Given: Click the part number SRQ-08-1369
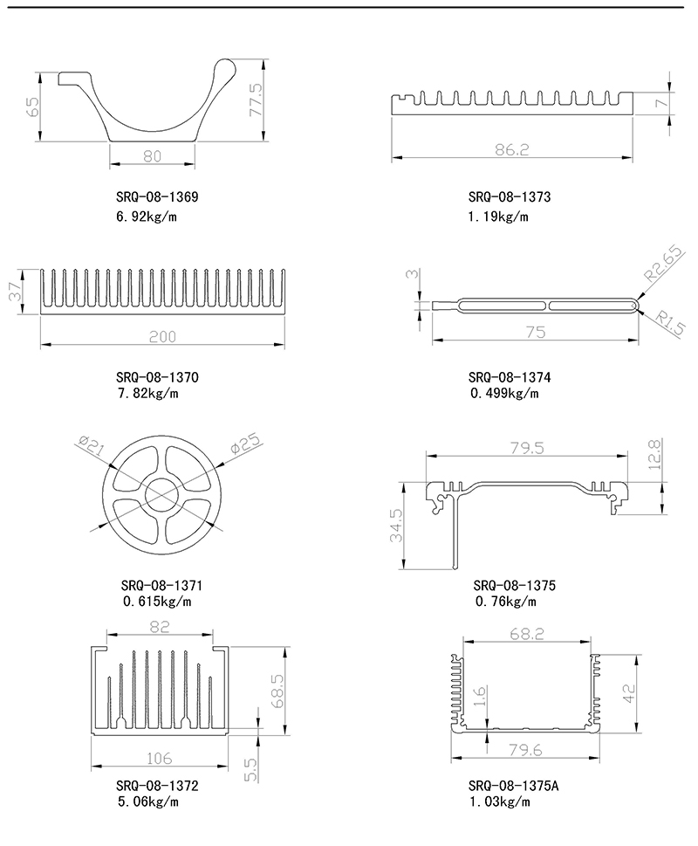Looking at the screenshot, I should click(157, 197).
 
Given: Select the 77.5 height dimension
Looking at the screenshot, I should click(256, 100).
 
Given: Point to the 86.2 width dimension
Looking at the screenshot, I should click(512, 149).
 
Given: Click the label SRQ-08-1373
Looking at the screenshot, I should click(510, 197).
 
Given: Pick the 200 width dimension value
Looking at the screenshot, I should click(163, 336).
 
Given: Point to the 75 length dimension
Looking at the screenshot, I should click(535, 333).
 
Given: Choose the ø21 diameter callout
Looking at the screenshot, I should click(92, 446).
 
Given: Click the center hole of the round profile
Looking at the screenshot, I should click(158, 495).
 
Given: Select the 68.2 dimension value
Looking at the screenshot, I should click(526, 635).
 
